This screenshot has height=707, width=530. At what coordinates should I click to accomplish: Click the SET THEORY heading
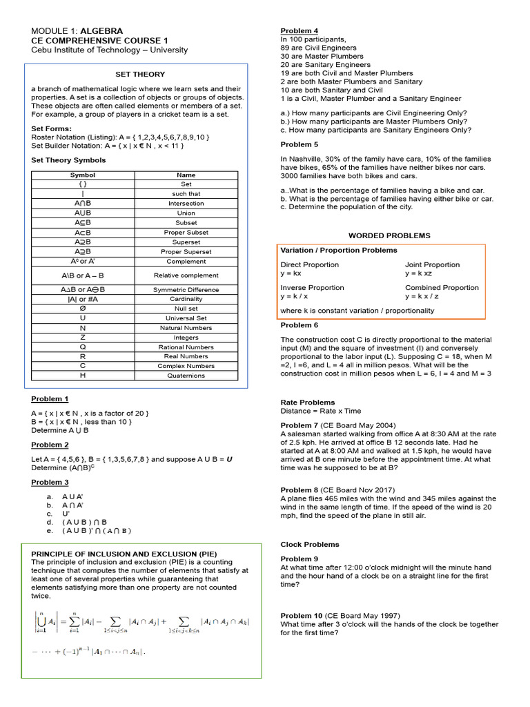(x=139, y=74)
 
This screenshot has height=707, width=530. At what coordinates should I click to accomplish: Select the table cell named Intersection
(x=186, y=204)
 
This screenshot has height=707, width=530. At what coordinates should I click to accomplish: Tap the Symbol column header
(x=83, y=175)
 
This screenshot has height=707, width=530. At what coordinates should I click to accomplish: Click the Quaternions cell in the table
(x=186, y=376)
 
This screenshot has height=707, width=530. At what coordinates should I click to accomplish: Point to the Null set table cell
(x=186, y=309)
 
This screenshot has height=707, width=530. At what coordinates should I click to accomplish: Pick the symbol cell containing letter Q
(x=83, y=347)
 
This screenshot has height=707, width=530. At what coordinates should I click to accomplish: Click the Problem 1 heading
(x=50, y=399)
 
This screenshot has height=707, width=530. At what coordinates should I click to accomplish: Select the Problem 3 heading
(x=50, y=482)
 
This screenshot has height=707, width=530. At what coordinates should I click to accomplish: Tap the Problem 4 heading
(x=299, y=31)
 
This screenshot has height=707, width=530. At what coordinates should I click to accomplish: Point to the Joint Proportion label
(x=431, y=264)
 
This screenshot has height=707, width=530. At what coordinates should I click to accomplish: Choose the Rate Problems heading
(x=308, y=402)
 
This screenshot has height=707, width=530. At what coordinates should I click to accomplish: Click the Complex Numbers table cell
(x=186, y=366)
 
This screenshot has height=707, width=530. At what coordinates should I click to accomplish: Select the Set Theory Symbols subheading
(x=68, y=160)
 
